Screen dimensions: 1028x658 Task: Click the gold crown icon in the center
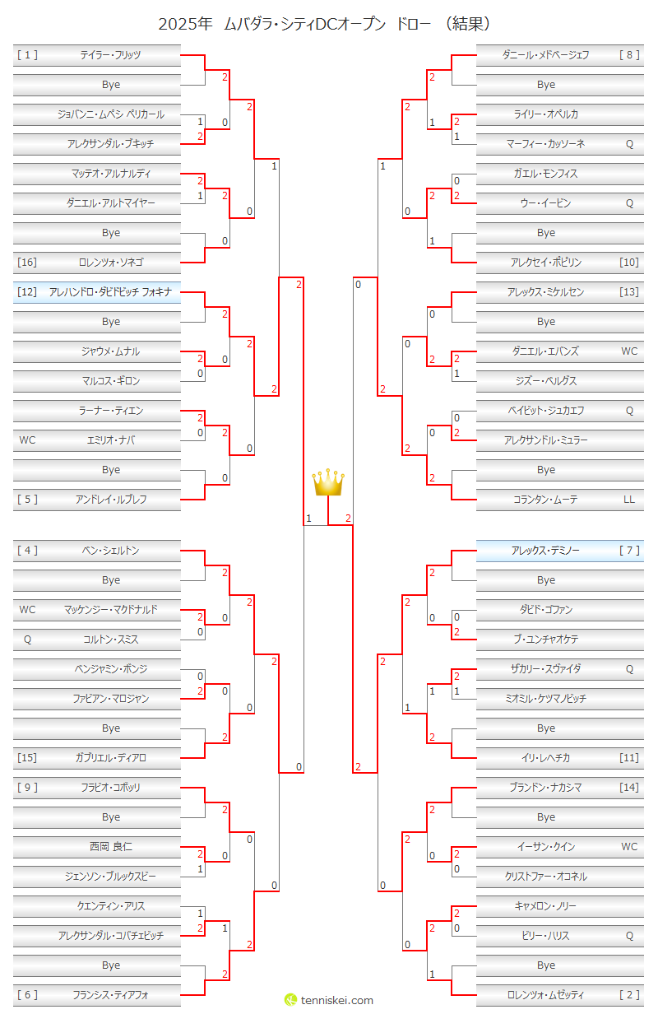coord(328,482)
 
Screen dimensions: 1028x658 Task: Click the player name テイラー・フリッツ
coord(111,55)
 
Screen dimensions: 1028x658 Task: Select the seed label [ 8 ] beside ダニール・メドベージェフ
coord(629,55)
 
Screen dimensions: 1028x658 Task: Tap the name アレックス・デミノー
coord(545,551)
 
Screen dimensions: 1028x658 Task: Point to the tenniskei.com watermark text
coord(336,1000)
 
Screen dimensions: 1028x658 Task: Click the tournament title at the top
coord(328,23)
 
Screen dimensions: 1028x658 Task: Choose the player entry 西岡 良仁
coord(111,847)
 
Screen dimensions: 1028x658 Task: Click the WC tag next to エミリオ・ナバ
coord(27,440)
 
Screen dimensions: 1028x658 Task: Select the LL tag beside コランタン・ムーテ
coord(629,500)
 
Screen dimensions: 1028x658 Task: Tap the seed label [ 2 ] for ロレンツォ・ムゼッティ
coord(629,995)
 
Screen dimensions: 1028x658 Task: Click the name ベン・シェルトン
coord(111,551)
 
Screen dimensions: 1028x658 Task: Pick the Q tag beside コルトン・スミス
coord(27,640)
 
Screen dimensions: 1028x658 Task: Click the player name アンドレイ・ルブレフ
coord(111,500)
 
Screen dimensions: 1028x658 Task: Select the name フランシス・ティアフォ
coord(111,995)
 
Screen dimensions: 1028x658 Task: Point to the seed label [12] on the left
coord(27,292)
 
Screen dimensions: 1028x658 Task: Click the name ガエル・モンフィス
coord(545,174)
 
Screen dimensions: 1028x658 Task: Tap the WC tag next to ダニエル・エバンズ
coord(629,351)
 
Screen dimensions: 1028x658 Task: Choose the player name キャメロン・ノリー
coord(545,906)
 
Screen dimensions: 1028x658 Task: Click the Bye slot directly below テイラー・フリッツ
coord(111,85)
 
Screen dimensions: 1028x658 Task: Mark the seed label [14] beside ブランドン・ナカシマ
coord(629,788)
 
